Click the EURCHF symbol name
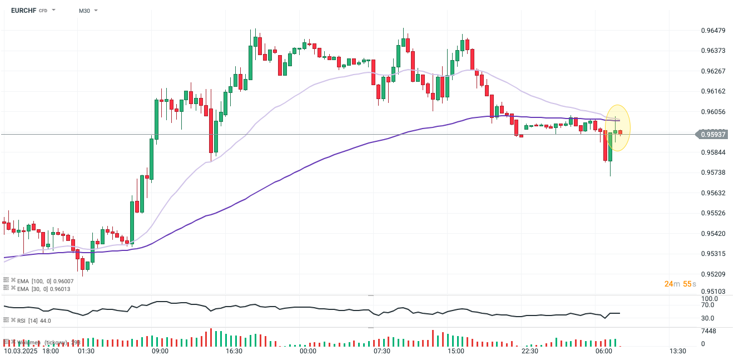coord(23,10)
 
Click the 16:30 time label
coord(234,352)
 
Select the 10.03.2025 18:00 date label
coord(31,352)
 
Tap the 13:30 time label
coord(677,352)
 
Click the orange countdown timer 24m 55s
coord(680,284)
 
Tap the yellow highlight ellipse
coord(618,128)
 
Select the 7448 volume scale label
coord(708,331)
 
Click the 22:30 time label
coord(529,352)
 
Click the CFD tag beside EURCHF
coord(43,11)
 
